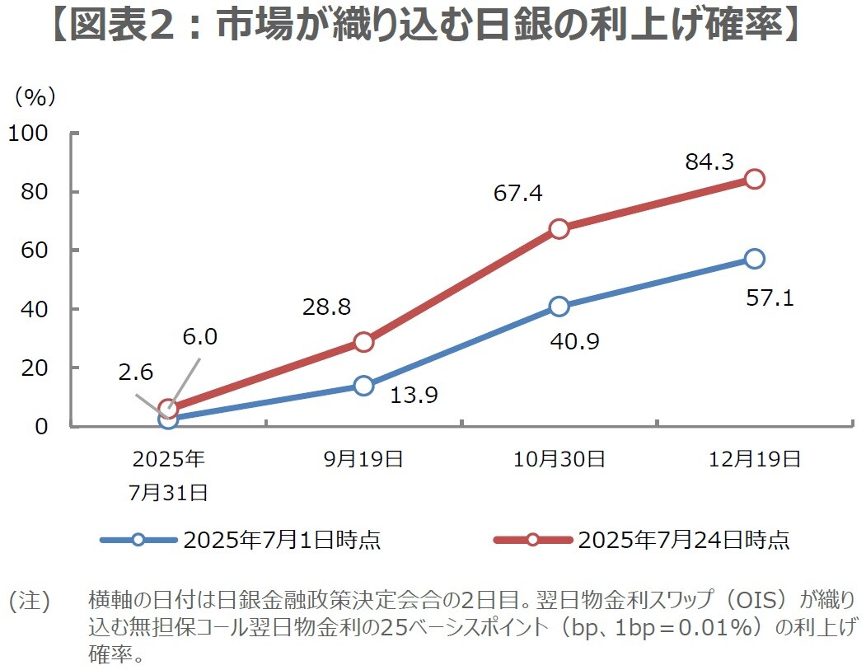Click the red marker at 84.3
(754, 179)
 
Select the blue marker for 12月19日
(754, 259)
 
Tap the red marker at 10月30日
(559, 228)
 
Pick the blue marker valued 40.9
(559, 307)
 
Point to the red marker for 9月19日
(363, 342)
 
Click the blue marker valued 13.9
(363, 386)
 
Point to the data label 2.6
(136, 372)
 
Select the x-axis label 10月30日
(559, 460)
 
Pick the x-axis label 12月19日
(754, 460)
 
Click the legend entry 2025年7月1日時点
(281, 541)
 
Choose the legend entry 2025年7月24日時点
(683, 541)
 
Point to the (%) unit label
(35, 96)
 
